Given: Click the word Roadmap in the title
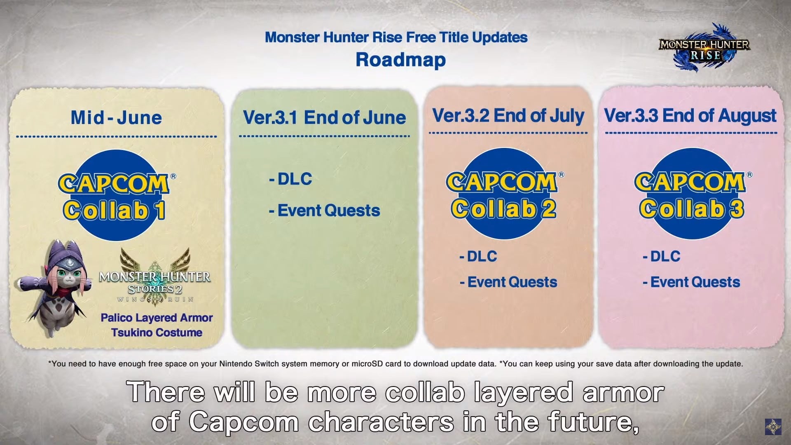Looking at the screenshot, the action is (x=400, y=59).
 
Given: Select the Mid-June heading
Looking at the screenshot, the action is (x=116, y=117).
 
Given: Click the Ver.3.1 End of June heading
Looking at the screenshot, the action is (x=324, y=117).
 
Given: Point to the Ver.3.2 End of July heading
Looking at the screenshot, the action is (x=508, y=116).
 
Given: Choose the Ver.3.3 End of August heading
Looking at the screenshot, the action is (x=690, y=116).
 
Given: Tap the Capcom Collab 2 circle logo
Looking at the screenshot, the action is (x=504, y=194).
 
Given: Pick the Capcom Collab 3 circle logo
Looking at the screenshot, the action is (x=692, y=194).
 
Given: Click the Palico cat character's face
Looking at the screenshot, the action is (x=68, y=274).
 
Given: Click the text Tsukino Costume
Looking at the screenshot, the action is (x=157, y=333).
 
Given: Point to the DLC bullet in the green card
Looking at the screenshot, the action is (x=290, y=179).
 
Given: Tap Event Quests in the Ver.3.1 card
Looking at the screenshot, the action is (x=325, y=211).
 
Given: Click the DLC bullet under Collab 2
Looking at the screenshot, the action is (x=478, y=256).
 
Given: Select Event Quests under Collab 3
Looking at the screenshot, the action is (x=691, y=282).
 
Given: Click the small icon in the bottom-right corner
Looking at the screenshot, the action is (x=773, y=427).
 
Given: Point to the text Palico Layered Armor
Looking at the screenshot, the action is (x=157, y=318).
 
